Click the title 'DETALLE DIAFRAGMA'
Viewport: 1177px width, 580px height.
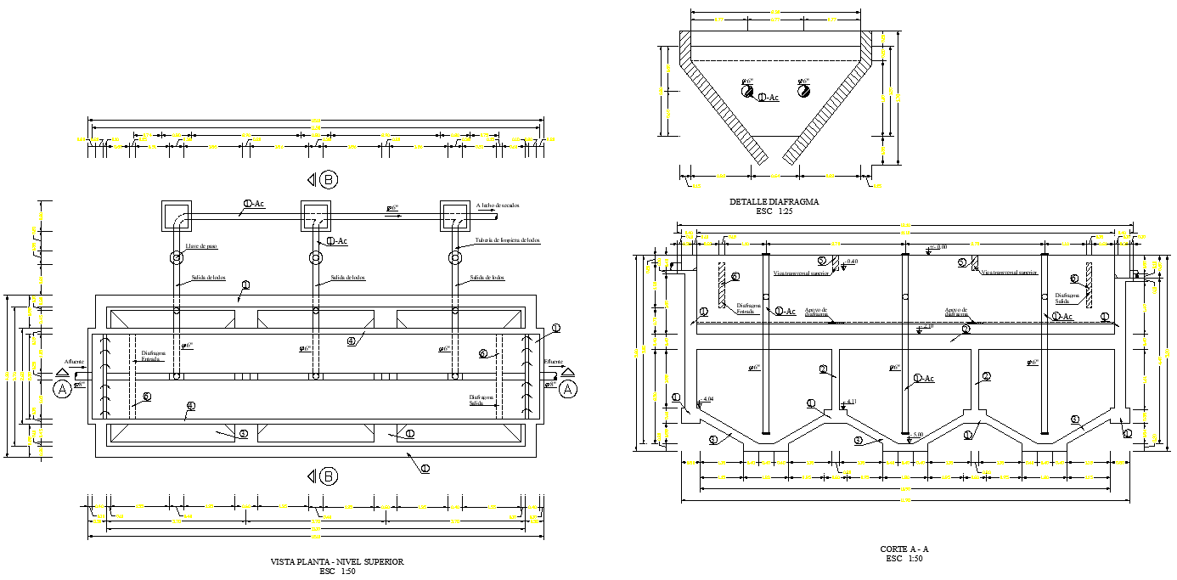click(774, 202)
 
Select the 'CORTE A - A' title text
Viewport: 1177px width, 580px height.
click(904, 549)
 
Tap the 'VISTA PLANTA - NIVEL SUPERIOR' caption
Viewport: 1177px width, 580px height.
click(336, 561)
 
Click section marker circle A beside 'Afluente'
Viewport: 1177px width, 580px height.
click(62, 389)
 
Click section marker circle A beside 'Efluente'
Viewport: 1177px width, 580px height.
click(568, 389)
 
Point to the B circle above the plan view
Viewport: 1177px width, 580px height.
click(329, 179)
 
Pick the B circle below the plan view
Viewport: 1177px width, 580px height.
click(329, 476)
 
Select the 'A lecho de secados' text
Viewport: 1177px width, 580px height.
click(498, 206)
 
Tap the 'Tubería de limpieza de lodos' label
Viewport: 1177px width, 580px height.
click(507, 240)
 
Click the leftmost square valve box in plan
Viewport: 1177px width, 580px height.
click(177, 216)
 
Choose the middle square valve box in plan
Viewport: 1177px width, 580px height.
click(316, 216)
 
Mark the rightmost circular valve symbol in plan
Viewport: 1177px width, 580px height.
click(454, 256)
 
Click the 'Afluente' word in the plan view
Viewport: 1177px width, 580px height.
click(72, 362)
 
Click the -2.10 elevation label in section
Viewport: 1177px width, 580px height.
click(928, 326)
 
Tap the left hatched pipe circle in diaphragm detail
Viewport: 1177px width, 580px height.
click(747, 91)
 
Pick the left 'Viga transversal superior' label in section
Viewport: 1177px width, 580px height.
click(801, 273)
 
